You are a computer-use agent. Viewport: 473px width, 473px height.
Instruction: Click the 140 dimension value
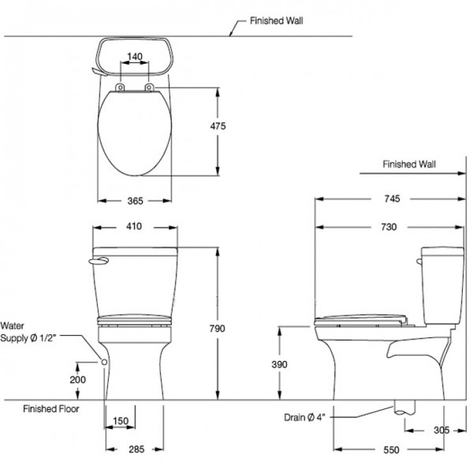(x=134, y=57)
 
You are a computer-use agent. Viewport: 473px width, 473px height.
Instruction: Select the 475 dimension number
(x=218, y=127)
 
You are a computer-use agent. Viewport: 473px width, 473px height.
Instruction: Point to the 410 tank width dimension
(x=134, y=226)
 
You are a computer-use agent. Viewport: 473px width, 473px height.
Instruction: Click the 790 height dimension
(x=218, y=329)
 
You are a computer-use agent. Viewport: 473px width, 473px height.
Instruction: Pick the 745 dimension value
(x=392, y=199)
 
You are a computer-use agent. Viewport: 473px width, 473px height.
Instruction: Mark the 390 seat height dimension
(x=279, y=364)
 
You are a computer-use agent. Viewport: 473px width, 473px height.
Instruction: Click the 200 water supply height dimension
(x=77, y=379)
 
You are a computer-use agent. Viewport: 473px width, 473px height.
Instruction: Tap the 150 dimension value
(x=120, y=421)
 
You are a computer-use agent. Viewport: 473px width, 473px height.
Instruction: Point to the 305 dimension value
(x=441, y=430)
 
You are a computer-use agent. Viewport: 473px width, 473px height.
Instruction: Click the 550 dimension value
(x=391, y=449)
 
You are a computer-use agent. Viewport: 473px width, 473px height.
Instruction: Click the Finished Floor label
(x=52, y=408)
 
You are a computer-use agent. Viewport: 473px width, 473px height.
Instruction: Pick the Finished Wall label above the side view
(x=409, y=164)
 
